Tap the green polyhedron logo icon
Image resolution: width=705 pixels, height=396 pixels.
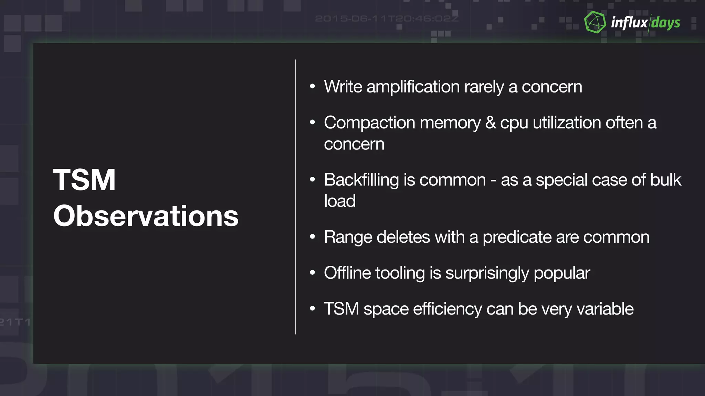(595, 22)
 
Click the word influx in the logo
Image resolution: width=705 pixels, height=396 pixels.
(629, 23)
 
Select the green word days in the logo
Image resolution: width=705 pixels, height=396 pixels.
(665, 23)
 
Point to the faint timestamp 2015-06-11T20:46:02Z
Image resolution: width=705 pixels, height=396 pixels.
(387, 19)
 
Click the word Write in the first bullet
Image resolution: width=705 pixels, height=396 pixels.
(343, 87)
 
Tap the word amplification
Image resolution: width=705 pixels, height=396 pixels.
(413, 87)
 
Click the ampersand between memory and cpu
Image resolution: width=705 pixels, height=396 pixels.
(490, 123)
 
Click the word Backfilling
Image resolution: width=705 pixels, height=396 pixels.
(361, 180)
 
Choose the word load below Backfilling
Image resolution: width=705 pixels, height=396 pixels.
(339, 201)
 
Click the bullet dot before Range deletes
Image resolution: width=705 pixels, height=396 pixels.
(312, 237)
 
